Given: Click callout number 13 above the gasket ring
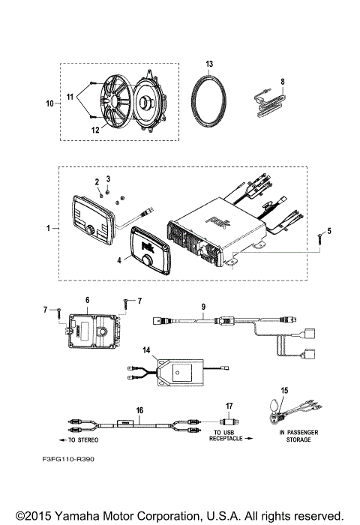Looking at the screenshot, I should (x=210, y=64).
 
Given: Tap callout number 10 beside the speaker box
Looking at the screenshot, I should (x=49, y=103).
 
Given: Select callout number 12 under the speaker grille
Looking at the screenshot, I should (x=95, y=130).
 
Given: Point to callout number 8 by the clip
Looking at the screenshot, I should (x=283, y=81).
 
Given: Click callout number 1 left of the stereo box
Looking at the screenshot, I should (x=49, y=226).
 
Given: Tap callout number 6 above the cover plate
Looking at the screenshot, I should (x=87, y=299).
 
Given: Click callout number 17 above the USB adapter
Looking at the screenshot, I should (x=230, y=406).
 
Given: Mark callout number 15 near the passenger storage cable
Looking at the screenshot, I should (x=284, y=391).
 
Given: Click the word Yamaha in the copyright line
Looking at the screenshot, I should (x=85, y=515).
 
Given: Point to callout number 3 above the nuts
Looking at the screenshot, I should (x=108, y=178).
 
